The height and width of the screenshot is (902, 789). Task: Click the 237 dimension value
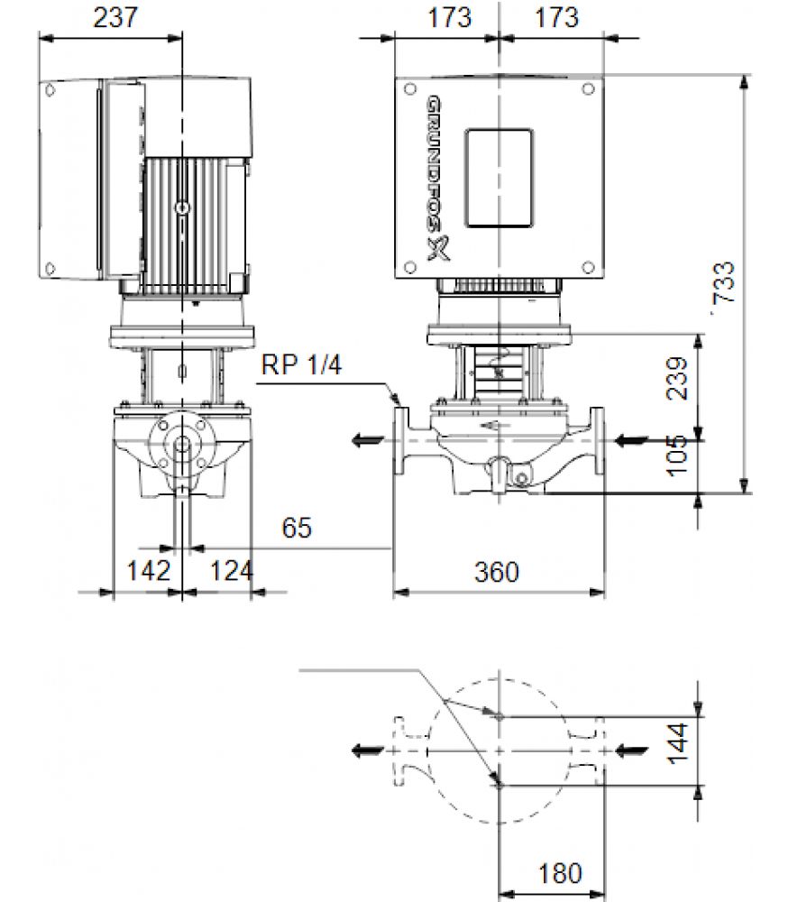coord(115,17)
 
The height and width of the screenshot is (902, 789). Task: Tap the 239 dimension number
coord(677,378)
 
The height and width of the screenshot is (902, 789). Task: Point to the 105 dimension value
coord(677,456)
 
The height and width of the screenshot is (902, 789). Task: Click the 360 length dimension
coord(496,572)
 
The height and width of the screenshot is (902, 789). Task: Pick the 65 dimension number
coord(297,528)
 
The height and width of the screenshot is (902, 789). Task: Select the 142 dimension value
coord(149,571)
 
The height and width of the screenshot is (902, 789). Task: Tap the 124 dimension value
coord(231,571)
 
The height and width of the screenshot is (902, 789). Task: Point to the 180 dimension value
coord(560,874)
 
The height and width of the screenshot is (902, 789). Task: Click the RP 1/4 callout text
coord(301,364)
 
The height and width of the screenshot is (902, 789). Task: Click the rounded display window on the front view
coord(499,178)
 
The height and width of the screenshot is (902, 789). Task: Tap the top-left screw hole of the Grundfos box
coord(410,89)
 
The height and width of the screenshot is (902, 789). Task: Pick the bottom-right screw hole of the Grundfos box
coord(588,268)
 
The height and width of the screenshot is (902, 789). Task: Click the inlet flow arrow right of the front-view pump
coord(631,441)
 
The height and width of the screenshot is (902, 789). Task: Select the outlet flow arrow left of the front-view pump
coord(368,441)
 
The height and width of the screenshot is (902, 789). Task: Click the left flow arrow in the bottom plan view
coord(368,750)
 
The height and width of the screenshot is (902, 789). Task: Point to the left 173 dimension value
coord(449,17)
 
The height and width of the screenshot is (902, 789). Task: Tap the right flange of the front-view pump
coord(598,441)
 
